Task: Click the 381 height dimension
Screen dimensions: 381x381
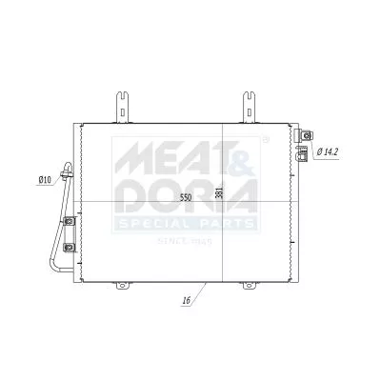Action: click(x=219, y=193)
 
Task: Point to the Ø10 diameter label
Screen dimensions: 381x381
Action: click(x=44, y=179)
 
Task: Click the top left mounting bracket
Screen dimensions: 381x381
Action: click(x=123, y=106)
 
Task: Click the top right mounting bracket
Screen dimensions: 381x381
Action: click(x=249, y=106)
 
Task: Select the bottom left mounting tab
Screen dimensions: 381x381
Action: click(x=122, y=285)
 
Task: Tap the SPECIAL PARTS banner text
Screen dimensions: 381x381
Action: click(x=187, y=224)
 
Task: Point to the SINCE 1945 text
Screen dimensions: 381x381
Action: click(x=188, y=242)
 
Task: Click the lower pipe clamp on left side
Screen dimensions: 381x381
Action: click(x=69, y=249)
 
